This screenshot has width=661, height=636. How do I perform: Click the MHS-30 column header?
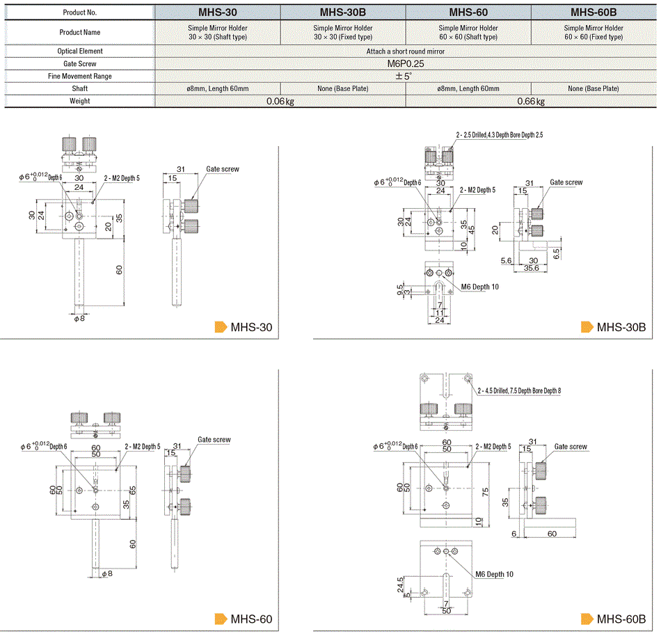coord(217,12)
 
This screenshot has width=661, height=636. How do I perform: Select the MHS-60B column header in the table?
coord(594,12)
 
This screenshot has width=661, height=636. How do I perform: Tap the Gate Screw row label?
coord(80,63)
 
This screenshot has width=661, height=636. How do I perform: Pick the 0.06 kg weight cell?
coord(280,102)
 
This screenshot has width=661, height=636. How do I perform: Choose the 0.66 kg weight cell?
coord(530,102)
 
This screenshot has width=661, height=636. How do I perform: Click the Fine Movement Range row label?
coord(80,76)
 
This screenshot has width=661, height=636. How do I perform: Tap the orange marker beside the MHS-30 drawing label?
coord(221,327)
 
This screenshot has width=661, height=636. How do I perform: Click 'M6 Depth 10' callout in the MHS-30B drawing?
coord(480,287)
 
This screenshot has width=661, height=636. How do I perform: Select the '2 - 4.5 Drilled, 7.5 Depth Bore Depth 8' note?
coord(519,391)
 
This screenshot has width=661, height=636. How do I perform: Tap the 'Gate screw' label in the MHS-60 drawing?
coord(214,440)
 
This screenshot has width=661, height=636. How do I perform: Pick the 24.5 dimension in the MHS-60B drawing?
coord(401,584)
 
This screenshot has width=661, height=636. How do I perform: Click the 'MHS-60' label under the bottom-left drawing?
coord(251,619)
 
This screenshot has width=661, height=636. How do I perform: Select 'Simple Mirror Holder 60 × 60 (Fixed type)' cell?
coord(594,32)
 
